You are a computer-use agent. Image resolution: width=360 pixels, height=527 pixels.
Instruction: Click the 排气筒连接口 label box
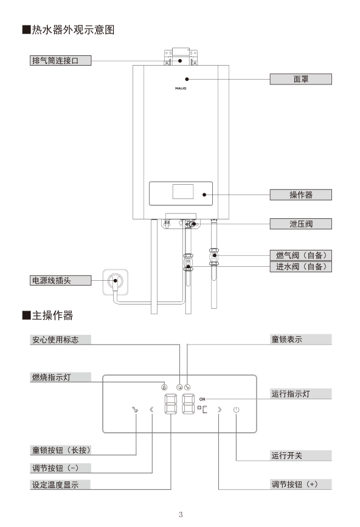60,60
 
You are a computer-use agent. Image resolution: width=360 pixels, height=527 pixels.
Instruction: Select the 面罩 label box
301,79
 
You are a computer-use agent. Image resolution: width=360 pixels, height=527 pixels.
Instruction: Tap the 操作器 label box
301,195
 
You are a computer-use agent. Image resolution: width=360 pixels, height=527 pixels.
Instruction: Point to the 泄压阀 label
301,224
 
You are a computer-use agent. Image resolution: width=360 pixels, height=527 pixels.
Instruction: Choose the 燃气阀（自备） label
301,255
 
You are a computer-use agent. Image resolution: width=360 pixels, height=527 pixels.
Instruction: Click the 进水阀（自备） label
301,267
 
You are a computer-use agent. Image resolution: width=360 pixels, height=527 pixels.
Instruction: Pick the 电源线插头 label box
60,280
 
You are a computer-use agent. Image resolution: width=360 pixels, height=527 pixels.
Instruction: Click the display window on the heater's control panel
182,191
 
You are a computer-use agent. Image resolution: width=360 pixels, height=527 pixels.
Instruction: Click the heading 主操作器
52,315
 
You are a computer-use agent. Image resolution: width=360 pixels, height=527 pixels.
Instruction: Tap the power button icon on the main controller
236,409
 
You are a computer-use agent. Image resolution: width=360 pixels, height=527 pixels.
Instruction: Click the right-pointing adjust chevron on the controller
220,409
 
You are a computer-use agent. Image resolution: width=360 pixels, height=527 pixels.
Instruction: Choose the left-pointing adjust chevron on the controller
151,409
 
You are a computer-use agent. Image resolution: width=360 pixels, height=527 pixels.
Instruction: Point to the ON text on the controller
202,399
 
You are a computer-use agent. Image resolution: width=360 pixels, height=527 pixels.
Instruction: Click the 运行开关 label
301,455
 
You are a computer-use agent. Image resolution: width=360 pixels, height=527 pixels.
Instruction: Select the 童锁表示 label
301,340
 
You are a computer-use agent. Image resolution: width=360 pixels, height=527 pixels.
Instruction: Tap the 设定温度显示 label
60,485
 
